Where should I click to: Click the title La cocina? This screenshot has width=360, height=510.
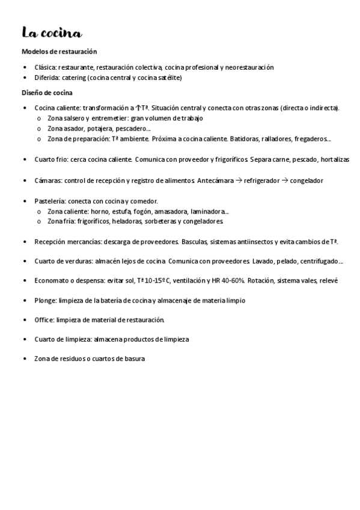(52, 32)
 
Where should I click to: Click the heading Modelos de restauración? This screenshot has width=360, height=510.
(59, 52)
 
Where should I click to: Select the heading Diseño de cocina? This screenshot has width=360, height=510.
(47, 93)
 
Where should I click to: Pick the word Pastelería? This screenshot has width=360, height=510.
(50, 200)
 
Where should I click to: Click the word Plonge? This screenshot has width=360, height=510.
(45, 300)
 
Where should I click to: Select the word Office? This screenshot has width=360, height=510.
(44, 319)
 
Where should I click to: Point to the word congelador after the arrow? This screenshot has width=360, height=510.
(306, 180)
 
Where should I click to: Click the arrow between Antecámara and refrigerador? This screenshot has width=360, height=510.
(238, 180)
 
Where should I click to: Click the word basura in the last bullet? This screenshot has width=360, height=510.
(135, 359)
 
